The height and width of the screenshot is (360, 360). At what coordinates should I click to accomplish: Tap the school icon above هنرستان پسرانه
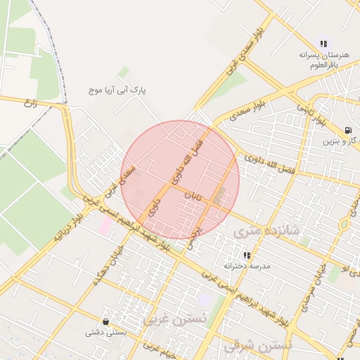click(x=323, y=44)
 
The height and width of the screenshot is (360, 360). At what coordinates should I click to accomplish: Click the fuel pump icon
click(x=349, y=130)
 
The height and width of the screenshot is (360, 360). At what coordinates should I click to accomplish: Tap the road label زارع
click(x=30, y=104)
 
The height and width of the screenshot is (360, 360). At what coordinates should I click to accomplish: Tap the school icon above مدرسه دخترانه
click(x=247, y=256)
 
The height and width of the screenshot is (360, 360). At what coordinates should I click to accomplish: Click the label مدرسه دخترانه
click(x=247, y=267)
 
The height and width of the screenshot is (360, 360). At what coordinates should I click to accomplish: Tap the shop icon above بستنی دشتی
click(x=105, y=321)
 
